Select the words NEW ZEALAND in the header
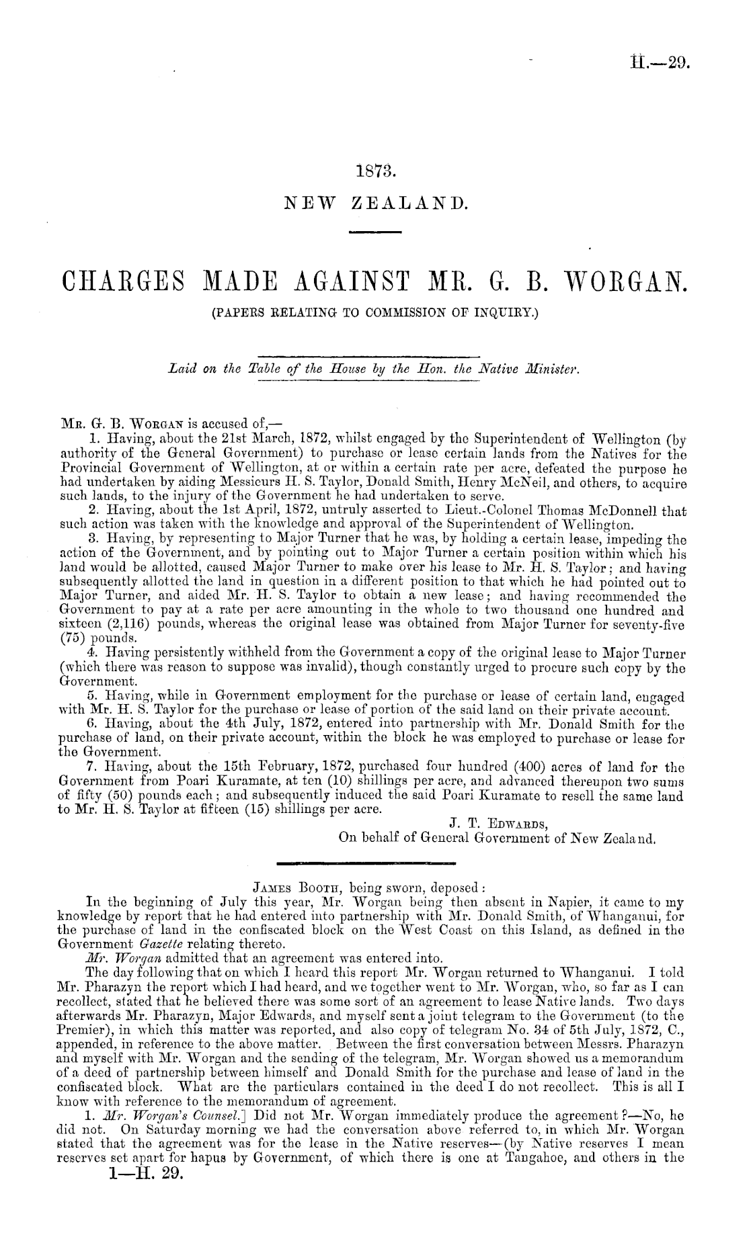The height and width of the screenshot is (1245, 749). pyautogui.click(x=375, y=202)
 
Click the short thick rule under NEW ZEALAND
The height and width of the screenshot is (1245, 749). pyautogui.click(x=375, y=232)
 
